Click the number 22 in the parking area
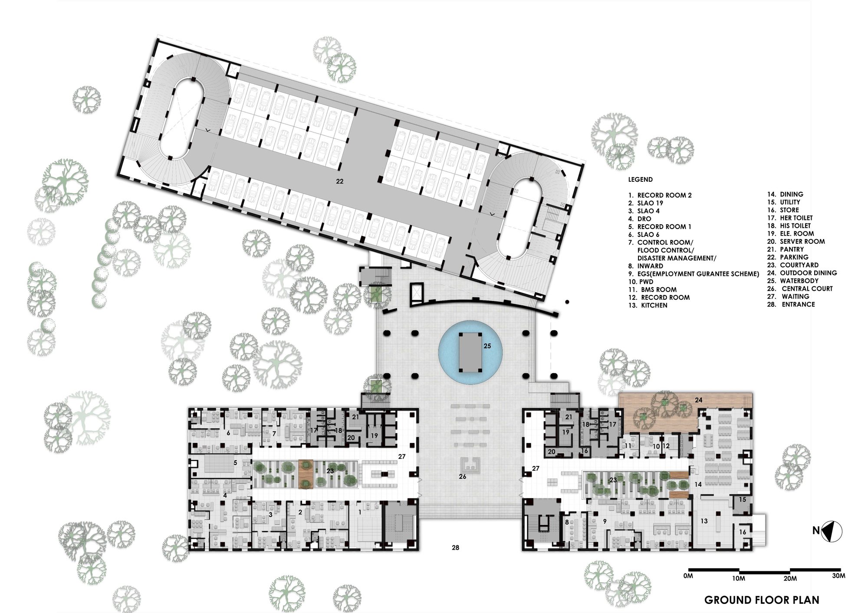click(339, 181)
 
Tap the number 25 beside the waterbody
click(487, 346)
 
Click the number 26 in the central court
click(463, 476)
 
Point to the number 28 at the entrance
click(455, 547)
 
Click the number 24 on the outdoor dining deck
click(698, 400)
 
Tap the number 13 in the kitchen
click(704, 521)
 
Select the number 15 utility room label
click(743, 499)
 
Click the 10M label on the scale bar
click(739, 578)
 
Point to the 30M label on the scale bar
click(839, 576)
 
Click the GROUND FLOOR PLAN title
click(762, 600)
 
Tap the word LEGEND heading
click(640, 179)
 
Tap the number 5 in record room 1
click(235, 463)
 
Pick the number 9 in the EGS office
click(605, 521)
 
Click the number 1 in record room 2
click(359, 512)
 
